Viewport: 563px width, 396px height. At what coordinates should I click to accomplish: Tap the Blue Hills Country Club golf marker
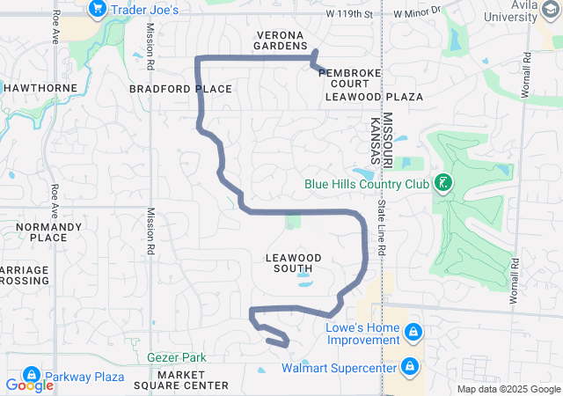443,184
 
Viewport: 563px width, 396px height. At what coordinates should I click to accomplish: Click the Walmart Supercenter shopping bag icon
409,366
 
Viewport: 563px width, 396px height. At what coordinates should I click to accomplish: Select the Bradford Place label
180,89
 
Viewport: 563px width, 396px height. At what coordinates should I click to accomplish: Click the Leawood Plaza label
374,97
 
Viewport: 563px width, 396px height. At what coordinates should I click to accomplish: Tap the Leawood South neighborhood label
294,262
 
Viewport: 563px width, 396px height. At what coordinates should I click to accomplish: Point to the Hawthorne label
40,88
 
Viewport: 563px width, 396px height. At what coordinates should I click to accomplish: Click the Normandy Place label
42,231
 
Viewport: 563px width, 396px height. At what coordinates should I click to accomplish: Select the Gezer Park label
177,357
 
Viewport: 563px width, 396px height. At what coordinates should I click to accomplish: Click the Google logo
28,385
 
